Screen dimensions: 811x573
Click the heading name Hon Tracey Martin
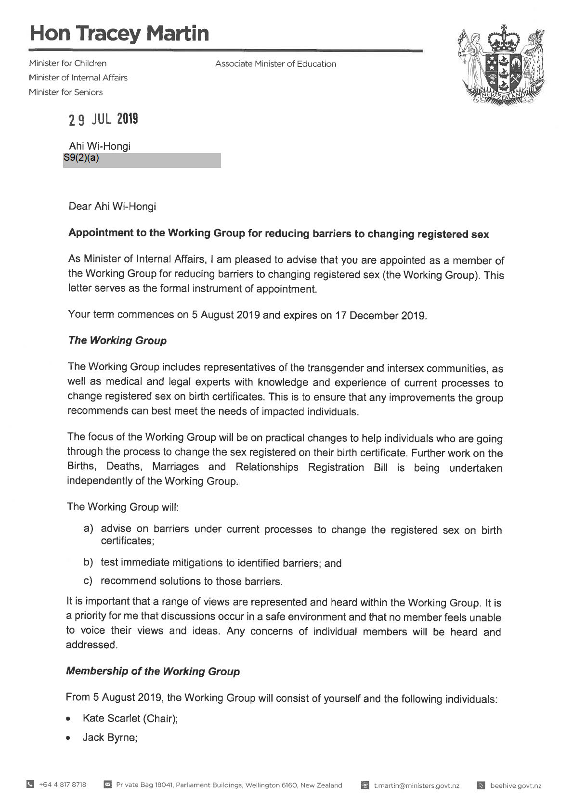click(119, 34)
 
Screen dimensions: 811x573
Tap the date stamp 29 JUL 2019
click(103, 119)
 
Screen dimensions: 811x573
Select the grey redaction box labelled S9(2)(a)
click(142, 160)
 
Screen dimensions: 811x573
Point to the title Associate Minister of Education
click(275, 64)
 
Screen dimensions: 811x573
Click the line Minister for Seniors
click(65, 92)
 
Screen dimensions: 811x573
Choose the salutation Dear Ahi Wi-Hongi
click(112, 206)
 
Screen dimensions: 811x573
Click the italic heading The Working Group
click(117, 340)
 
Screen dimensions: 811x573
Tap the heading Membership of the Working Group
click(153, 671)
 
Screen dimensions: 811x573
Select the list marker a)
click(89, 529)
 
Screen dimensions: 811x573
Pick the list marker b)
click(88, 562)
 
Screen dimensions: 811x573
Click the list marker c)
click(88, 581)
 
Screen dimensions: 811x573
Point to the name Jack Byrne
click(110, 737)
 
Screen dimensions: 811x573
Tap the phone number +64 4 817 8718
click(63, 785)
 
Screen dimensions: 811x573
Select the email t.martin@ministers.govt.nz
click(417, 785)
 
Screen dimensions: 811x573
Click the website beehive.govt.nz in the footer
click(516, 785)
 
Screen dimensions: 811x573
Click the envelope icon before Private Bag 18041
click(108, 785)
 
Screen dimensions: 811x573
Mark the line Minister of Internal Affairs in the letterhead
click(78, 77)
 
